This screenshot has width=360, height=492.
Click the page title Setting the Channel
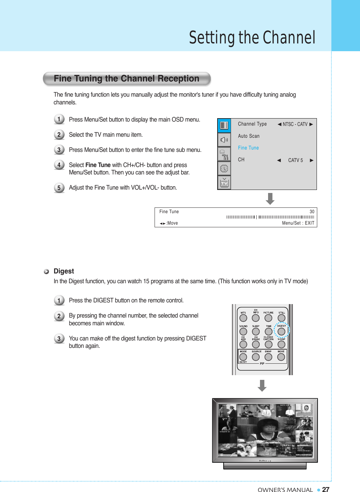tap(252, 37)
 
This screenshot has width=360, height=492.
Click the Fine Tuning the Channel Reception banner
tap(127, 79)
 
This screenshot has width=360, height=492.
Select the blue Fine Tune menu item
tap(248, 148)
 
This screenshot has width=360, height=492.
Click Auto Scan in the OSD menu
tap(249, 136)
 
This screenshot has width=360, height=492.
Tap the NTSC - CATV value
tap(295, 124)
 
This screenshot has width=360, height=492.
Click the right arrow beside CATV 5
tap(312, 160)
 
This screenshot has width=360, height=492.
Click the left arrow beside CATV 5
tap(279, 160)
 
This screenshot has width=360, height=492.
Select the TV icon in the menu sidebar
tap(224, 183)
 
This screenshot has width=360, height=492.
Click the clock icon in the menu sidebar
tap(224, 168)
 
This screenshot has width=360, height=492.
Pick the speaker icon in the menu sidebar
tap(224, 140)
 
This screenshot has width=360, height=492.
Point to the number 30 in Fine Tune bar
tap(312, 212)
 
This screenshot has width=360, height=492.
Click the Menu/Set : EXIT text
tap(298, 223)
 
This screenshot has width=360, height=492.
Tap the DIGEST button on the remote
tap(281, 331)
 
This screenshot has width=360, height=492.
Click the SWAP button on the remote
tap(268, 357)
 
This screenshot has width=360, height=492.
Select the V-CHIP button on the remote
tap(281, 344)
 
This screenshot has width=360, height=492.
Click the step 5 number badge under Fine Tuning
tap(59, 188)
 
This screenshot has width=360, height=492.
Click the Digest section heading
tap(64, 271)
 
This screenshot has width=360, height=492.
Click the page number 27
tap(325, 490)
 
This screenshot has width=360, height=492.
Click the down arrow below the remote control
tap(262, 386)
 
